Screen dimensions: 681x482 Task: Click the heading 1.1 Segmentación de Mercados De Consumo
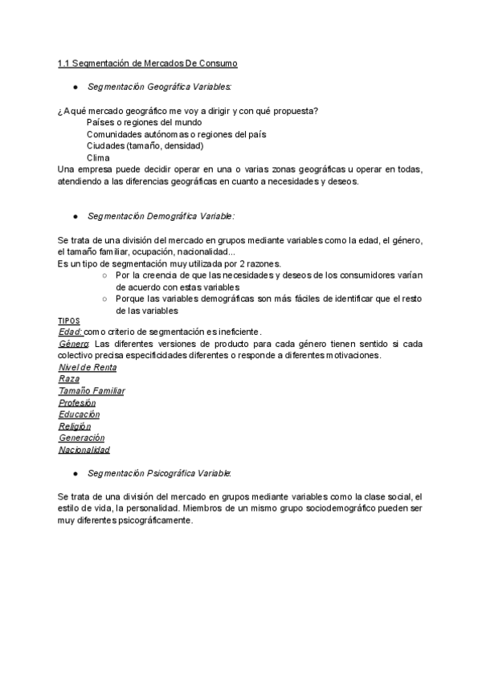click(x=147, y=63)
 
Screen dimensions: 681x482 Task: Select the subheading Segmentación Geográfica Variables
click(x=160, y=86)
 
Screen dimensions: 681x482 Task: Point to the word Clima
click(x=98, y=157)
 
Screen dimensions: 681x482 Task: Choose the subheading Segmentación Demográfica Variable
click(x=161, y=216)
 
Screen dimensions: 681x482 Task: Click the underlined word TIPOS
click(x=69, y=320)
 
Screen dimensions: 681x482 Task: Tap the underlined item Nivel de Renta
click(x=88, y=367)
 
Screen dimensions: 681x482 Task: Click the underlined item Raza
click(x=68, y=379)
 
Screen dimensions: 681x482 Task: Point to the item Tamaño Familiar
click(x=92, y=391)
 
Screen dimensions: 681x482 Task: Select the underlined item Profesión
click(x=77, y=402)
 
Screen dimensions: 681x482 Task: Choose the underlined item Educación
click(x=79, y=414)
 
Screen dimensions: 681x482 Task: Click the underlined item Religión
click(x=75, y=426)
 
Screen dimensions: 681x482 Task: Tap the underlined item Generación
click(x=81, y=438)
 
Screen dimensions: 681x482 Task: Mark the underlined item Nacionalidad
click(x=84, y=450)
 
